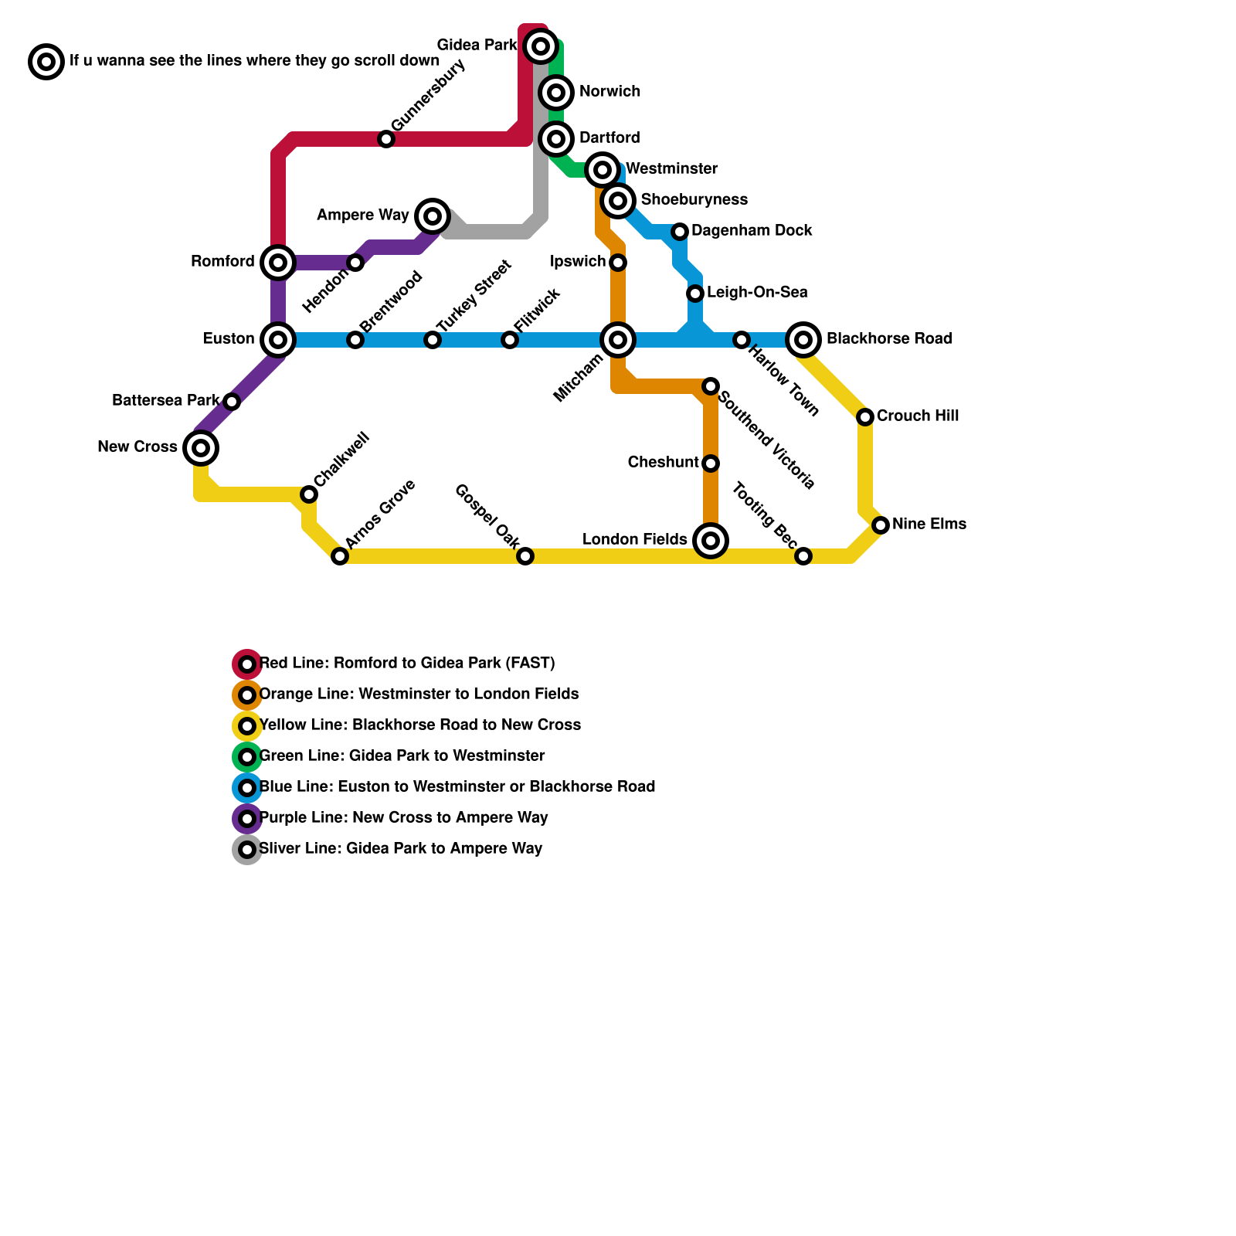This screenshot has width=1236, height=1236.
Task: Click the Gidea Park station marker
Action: (x=541, y=46)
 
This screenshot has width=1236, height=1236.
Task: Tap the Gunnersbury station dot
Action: (x=386, y=139)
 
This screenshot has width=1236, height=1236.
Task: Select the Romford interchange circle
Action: (x=278, y=263)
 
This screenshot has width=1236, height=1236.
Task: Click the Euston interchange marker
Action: (x=278, y=339)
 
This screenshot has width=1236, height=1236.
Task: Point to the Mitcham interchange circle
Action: (x=618, y=339)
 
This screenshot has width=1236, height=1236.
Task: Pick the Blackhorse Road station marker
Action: (x=803, y=339)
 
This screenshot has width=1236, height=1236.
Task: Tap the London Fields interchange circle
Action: (x=711, y=540)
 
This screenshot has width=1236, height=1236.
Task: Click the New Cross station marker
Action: (x=201, y=447)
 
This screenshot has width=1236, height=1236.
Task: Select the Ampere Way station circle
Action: (x=433, y=216)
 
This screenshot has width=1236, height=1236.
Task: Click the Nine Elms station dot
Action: (x=881, y=525)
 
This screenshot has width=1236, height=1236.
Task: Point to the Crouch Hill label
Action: (x=918, y=416)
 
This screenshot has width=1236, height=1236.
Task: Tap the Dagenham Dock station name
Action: (x=752, y=230)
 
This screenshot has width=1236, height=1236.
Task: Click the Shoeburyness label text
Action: (x=694, y=199)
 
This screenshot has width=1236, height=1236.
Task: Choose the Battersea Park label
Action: (x=165, y=400)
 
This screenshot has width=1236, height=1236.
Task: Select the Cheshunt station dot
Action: (x=711, y=463)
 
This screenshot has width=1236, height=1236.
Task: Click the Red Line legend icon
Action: (x=247, y=664)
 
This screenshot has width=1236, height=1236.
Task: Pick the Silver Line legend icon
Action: (x=247, y=849)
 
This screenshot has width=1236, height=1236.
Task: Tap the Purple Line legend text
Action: (x=403, y=817)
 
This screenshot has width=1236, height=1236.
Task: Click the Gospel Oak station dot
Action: (x=525, y=556)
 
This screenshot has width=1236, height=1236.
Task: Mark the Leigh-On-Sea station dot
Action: (x=695, y=294)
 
